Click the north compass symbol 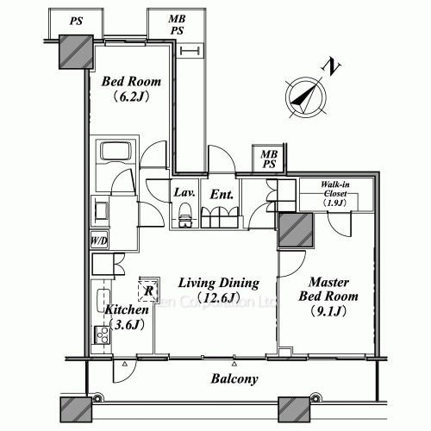pos(303,94)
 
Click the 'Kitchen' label pos(126,316)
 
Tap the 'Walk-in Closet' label pos(336,195)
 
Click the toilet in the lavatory pos(184,219)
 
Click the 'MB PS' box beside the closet pos(269,159)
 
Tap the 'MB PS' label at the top pos(178,23)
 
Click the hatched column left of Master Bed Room pos(295,231)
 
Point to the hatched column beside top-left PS pos(73,54)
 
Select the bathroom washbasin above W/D pos(100,210)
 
